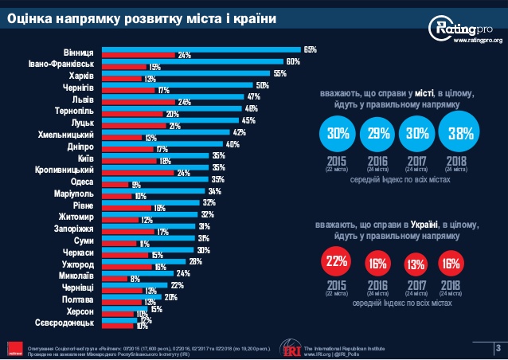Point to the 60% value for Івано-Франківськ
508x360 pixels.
292,61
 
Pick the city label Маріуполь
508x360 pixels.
74,193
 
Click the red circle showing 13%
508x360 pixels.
415,264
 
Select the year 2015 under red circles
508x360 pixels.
337,284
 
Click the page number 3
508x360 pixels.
497,347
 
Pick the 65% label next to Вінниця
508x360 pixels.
310,49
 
